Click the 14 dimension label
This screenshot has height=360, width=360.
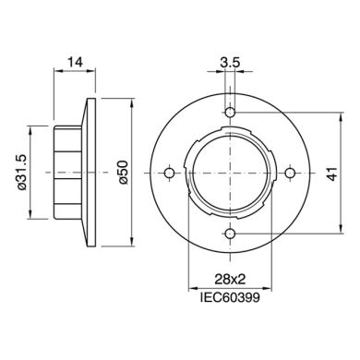(76, 62)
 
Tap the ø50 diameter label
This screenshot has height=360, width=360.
(124, 173)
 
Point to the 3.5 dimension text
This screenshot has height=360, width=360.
(230, 63)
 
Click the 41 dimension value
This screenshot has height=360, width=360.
(332, 174)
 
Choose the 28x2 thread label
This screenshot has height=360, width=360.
(230, 279)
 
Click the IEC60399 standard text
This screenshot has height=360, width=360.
(230, 297)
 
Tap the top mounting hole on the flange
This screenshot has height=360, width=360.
(230, 113)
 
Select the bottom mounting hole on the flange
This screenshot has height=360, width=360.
(230, 234)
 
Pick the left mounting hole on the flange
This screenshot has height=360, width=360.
(169, 173)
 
